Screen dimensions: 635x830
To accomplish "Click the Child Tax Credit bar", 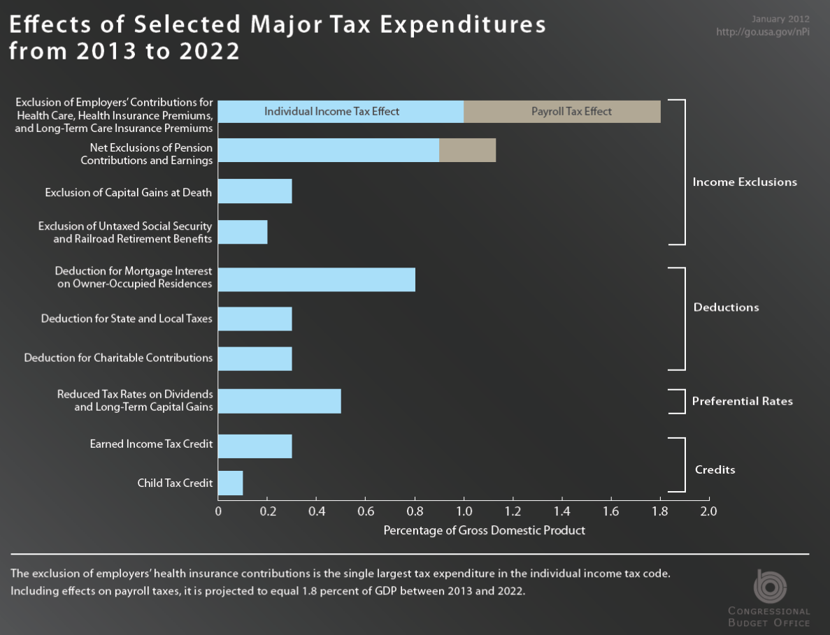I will (x=231, y=483).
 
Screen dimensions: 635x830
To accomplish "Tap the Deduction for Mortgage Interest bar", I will (x=316, y=279).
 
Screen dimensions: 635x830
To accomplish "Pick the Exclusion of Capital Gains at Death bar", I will (x=255, y=191).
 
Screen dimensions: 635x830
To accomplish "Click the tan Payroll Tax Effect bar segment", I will (x=562, y=112).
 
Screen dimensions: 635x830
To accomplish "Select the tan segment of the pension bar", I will (x=467, y=150).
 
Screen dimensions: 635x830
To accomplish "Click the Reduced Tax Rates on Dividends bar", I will (x=280, y=401).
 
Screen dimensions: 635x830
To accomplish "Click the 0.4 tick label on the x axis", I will (x=316, y=511).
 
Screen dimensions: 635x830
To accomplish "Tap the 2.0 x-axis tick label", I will (x=709, y=511).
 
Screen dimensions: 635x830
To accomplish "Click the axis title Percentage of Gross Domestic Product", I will (x=484, y=530).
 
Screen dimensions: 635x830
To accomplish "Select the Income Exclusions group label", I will (x=745, y=182).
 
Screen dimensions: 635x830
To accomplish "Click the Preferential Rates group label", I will (x=743, y=401).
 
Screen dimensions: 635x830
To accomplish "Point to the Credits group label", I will (x=715, y=469).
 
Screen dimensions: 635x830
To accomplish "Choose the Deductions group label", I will (x=726, y=307).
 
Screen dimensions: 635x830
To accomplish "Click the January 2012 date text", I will (x=781, y=18).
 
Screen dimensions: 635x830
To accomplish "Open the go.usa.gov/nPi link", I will (x=762, y=32).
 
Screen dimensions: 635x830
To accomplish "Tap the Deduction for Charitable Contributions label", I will (x=118, y=358).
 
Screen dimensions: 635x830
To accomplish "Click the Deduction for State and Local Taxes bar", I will (x=255, y=319).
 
